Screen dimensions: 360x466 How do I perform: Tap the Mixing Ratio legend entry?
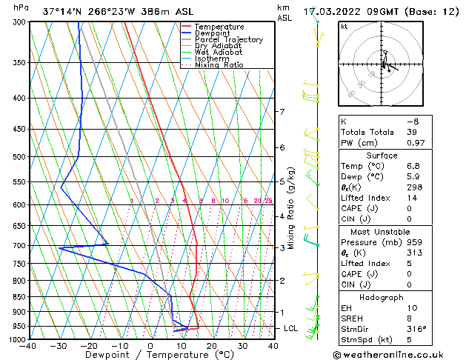click(219, 65)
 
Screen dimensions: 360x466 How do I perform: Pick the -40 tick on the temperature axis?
click(29, 345)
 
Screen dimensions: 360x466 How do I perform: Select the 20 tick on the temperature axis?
click(212, 345)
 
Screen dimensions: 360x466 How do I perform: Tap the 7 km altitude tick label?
click(282, 112)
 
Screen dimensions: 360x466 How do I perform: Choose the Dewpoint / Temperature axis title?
click(150, 355)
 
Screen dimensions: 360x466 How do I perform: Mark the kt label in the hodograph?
click(344, 26)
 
